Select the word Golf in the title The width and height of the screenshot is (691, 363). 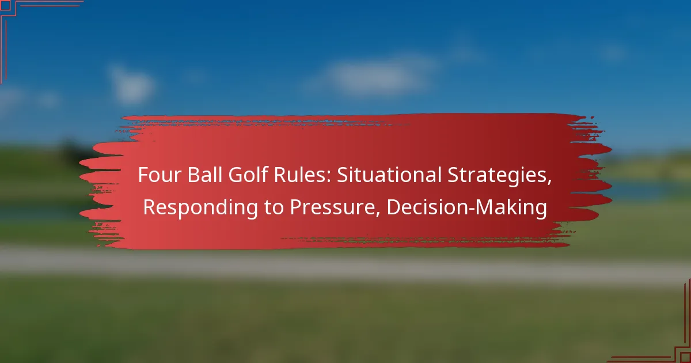[x=248, y=175]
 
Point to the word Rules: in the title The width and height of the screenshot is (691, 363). [x=302, y=175]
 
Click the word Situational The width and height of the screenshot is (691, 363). [x=389, y=175]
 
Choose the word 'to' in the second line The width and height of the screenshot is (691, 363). [x=274, y=207]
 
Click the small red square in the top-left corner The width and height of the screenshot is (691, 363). [x=6, y=6]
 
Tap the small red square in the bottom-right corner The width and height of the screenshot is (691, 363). [x=685, y=357]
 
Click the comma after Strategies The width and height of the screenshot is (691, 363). [x=549, y=183]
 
